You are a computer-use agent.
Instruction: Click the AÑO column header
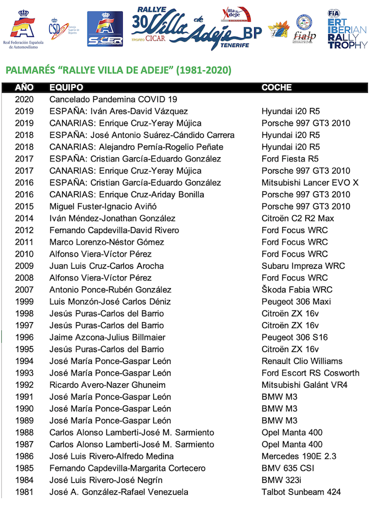coord(25,87)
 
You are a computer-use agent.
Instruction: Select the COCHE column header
coord(276,87)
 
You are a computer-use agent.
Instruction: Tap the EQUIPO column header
coord(66,87)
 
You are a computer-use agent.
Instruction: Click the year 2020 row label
coord(25,99)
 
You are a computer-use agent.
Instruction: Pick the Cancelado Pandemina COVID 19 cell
coord(113,99)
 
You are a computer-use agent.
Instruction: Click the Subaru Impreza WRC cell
coord(295,266)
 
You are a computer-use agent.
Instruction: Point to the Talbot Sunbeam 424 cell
coord(301,492)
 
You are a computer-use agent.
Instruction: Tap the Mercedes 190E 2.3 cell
coord(299,456)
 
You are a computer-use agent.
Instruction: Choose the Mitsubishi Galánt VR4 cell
coord(305,385)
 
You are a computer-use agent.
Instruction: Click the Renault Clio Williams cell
coord(302,361)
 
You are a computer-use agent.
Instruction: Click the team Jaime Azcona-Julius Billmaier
coord(107,337)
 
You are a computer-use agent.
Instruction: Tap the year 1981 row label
coord(25,492)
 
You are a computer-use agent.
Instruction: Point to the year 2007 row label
coord(25,290)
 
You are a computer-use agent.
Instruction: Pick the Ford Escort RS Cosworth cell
coord(311,373)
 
